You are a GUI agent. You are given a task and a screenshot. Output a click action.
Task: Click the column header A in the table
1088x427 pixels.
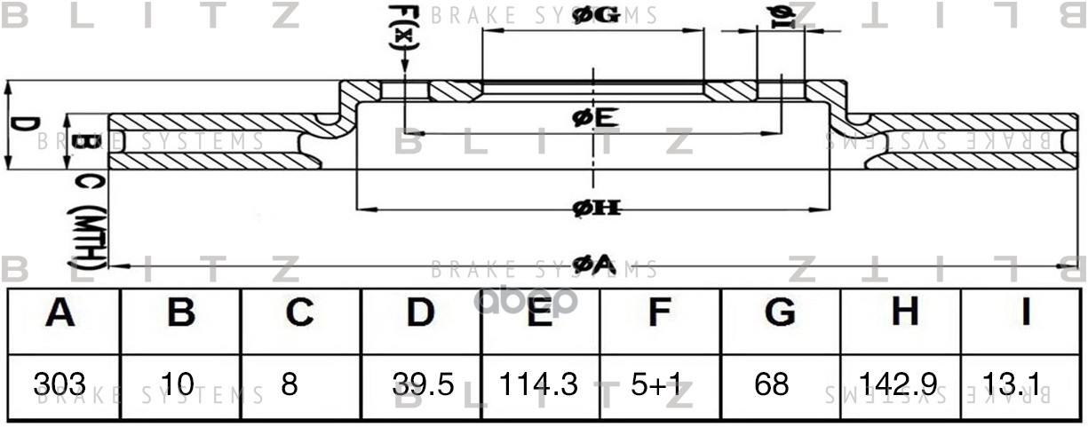60,312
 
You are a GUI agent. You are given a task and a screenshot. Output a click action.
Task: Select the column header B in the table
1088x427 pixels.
181,312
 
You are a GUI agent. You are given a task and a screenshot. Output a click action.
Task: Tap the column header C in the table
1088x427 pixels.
299,312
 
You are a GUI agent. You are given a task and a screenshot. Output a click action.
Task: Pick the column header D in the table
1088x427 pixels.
420,312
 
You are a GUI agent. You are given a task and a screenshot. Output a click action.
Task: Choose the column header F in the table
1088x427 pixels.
658,312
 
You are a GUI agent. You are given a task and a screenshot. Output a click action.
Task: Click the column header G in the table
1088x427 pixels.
779,312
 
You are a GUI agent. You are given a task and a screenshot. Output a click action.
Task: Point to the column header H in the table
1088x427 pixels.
903,312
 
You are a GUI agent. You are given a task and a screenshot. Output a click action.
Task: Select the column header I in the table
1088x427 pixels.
1023,312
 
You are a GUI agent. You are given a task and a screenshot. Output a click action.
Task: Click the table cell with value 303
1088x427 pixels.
60,384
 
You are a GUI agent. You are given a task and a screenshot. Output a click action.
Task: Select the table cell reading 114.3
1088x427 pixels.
538,384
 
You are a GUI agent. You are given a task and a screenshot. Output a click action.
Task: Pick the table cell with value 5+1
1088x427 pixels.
658,384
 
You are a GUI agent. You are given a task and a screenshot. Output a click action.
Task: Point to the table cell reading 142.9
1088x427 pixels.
899,384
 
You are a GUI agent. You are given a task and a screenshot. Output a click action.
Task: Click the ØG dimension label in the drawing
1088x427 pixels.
596,15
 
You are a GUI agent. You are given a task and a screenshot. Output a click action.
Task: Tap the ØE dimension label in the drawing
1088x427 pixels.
595,117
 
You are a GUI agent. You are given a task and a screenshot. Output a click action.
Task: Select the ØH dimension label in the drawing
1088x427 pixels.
595,209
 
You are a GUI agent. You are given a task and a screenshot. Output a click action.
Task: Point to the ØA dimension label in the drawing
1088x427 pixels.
593,264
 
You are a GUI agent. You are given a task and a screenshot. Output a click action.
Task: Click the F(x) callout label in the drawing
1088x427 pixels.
402,27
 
